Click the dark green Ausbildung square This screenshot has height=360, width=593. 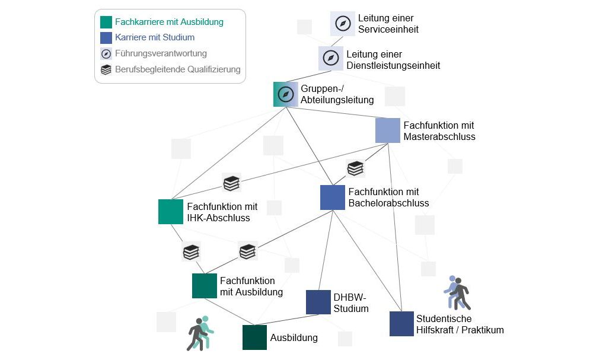[x=255, y=337]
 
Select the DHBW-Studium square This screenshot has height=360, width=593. [x=318, y=302]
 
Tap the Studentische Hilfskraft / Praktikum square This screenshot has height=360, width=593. [x=401, y=324]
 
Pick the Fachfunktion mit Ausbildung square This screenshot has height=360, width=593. [x=205, y=285]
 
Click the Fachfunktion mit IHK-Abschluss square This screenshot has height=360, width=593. [x=171, y=212]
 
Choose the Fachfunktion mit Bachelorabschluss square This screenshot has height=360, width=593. [x=333, y=197]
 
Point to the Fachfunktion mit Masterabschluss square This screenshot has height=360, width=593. [x=388, y=130]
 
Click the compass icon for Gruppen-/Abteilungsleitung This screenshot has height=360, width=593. [x=285, y=94]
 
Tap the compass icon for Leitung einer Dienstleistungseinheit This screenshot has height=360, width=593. [x=331, y=58]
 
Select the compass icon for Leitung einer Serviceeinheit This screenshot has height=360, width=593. [x=343, y=23]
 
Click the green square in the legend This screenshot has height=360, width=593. [x=106, y=22]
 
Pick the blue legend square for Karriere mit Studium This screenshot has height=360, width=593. [x=106, y=37]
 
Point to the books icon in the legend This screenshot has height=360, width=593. [x=106, y=69]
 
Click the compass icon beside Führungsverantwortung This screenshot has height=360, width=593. [x=106, y=53]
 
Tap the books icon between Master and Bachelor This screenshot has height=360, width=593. [x=355, y=168]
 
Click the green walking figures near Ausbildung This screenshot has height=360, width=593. [x=200, y=332]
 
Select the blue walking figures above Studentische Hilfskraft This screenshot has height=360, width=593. [x=457, y=292]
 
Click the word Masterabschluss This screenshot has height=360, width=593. [x=439, y=137]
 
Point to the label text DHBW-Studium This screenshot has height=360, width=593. [x=351, y=302]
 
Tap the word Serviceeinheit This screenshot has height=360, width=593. [x=388, y=29]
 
